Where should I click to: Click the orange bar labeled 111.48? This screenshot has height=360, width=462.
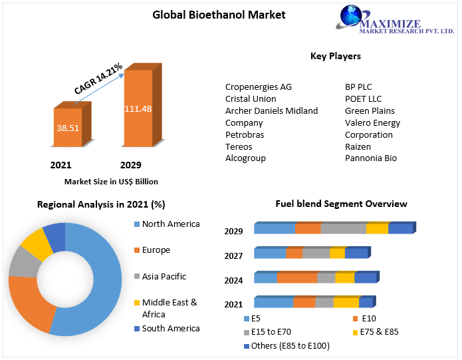pyautogui.click(x=138, y=108)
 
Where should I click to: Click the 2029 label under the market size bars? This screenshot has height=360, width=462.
pyautogui.click(x=130, y=165)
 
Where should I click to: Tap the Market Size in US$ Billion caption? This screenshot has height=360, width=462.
pyautogui.click(x=111, y=181)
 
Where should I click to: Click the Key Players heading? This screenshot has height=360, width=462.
pyautogui.click(x=336, y=56)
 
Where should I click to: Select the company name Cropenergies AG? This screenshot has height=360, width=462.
pyautogui.click(x=259, y=87)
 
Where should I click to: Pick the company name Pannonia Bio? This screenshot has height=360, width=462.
pyautogui.click(x=371, y=158)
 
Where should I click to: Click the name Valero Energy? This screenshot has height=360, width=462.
pyautogui.click(x=372, y=122)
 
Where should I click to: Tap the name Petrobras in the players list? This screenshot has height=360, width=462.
pyautogui.click(x=245, y=134)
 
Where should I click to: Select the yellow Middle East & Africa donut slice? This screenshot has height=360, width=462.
pyautogui.click(x=37, y=244)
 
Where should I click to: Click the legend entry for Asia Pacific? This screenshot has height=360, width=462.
pyautogui.click(x=164, y=276)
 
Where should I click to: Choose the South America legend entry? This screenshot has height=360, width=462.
pyautogui.click(x=170, y=328)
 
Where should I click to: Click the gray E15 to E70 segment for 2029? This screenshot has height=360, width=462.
pyautogui.click(x=343, y=229)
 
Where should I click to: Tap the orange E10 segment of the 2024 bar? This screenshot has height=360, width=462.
pyautogui.click(x=296, y=278)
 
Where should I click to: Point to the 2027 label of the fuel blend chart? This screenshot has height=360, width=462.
pyautogui.click(x=233, y=256)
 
